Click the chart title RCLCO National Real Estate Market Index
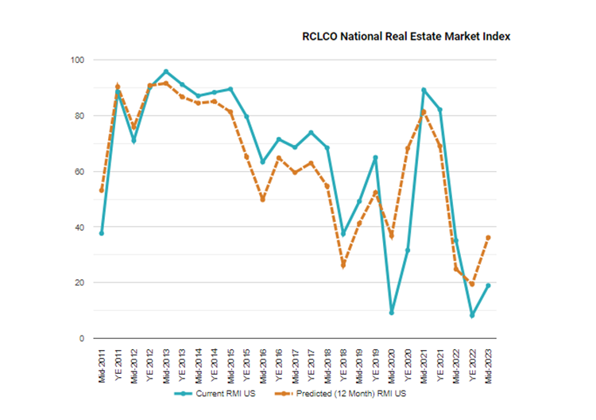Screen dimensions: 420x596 click(405, 37)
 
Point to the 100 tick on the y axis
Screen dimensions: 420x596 click(77, 60)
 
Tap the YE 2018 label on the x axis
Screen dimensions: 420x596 click(343, 363)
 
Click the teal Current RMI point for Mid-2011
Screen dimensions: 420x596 click(102, 233)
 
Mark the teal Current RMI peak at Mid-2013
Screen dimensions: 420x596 click(166, 72)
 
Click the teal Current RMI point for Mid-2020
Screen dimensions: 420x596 click(392, 313)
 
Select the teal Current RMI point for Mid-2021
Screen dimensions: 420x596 click(424, 90)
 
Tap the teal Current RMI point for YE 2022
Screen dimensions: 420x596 click(472, 316)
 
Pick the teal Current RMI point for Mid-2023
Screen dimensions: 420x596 click(488, 286)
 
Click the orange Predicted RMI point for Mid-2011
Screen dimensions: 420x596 click(102, 190)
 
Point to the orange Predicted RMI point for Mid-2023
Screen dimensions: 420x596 click(488, 237)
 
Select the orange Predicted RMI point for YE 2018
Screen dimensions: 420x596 click(343, 264)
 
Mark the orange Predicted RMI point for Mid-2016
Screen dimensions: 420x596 click(262, 199)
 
